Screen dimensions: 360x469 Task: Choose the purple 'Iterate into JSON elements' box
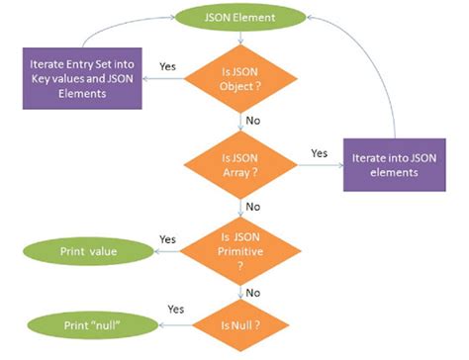pos(393,161)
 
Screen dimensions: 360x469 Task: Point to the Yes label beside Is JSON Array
pos(319,153)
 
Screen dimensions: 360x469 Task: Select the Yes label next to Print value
pos(168,240)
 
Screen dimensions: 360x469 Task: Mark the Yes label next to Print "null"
pos(177,310)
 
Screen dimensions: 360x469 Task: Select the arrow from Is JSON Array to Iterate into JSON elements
pos(315,165)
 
